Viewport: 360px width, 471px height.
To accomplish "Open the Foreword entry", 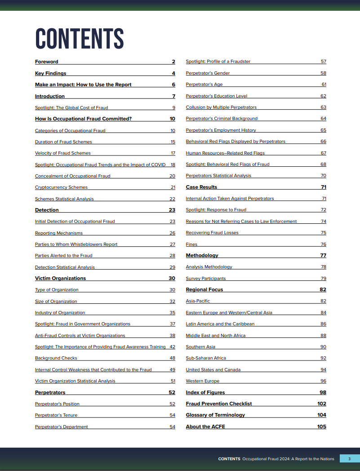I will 47,62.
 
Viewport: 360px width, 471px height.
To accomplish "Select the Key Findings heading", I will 50,73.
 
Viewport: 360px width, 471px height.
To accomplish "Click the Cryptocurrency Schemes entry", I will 61,187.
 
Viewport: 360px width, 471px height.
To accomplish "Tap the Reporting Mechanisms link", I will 59,233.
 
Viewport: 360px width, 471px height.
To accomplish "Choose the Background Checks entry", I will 56,358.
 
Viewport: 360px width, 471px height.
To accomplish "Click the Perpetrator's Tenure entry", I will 56,415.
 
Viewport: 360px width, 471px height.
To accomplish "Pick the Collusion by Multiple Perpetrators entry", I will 221,107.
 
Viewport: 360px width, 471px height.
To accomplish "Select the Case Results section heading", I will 201,187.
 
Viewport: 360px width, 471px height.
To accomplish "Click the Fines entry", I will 191,244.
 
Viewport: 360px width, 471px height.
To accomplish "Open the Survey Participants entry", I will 206,279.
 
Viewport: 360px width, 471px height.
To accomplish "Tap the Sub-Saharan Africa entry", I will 206,358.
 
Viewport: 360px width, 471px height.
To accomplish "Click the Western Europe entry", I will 203,381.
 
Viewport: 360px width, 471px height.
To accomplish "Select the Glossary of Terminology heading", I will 215,415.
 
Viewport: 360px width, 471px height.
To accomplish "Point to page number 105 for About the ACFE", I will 321,427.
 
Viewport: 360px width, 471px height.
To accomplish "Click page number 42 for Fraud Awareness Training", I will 172,347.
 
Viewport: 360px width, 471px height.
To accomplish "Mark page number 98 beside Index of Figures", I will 323,392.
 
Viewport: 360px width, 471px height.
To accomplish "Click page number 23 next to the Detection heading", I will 172,210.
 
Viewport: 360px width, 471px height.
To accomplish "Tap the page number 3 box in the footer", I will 349,459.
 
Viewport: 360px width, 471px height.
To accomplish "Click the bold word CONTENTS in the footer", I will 229,459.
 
